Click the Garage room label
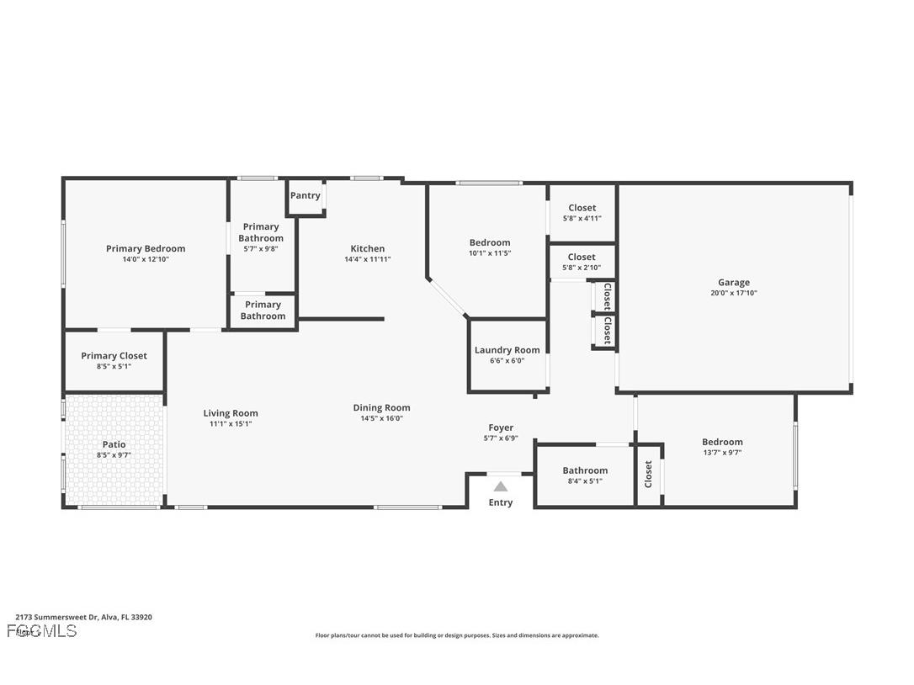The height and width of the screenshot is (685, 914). [x=733, y=283]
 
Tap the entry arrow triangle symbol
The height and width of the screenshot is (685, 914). [x=501, y=486]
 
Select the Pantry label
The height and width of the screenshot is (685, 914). [x=305, y=196]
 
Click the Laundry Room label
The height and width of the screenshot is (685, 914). [x=507, y=350]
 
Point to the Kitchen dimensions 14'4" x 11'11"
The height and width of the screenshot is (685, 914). [x=367, y=259]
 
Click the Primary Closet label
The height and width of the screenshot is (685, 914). [x=114, y=356]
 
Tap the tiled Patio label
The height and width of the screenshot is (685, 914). [x=114, y=444]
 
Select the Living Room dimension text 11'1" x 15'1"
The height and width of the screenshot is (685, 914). [x=231, y=424]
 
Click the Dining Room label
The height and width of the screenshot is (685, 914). [x=381, y=408]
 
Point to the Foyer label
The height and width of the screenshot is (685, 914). [x=501, y=427]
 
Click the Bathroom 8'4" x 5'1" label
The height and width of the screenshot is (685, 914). [x=585, y=470]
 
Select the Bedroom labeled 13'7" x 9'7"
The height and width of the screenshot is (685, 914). [x=722, y=443]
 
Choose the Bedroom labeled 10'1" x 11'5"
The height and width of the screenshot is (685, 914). [x=490, y=243]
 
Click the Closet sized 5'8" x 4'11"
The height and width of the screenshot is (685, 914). [x=582, y=208]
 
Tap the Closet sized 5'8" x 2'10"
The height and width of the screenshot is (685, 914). [x=582, y=258]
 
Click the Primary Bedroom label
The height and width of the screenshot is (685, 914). [x=146, y=249]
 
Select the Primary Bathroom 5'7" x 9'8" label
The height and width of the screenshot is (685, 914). [x=261, y=232]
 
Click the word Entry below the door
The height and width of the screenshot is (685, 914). [x=501, y=503]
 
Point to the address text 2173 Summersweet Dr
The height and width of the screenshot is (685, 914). [x=83, y=617]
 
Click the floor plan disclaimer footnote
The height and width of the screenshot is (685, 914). [x=457, y=635]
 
